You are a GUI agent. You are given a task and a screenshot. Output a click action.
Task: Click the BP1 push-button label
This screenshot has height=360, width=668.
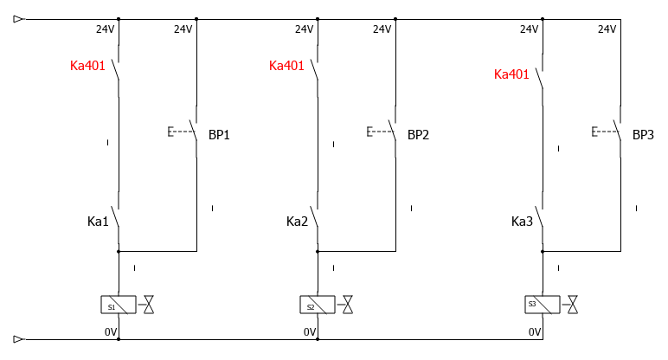tap(219, 135)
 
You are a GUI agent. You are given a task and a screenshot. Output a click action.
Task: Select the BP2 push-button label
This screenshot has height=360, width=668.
tap(418, 135)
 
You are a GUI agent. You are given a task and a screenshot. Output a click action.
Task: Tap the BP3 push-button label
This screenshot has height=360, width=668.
tap(643, 135)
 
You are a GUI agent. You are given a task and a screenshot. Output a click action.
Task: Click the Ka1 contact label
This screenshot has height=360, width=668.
tap(98, 222)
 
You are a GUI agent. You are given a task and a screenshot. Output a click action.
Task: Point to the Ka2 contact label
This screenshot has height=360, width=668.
tap(297, 222)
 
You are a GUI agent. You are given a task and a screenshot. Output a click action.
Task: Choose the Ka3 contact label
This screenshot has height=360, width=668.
tap(522, 222)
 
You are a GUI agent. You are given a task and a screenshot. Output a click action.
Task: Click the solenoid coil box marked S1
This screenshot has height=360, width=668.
tap(119, 305)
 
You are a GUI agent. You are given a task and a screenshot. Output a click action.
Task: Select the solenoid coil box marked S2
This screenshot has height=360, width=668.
tap(318, 305)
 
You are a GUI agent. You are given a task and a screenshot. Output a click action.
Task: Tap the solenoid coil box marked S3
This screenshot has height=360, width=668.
tap(543, 305)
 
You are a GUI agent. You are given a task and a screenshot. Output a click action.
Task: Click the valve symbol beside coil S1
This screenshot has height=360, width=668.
tap(149, 305)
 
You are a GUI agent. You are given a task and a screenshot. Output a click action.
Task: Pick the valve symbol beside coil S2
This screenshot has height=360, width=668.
tap(348, 305)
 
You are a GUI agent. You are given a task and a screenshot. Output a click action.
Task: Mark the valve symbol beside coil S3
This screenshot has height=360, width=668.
tap(573, 305)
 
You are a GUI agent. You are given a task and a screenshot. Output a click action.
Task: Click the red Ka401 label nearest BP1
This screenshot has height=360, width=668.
tap(87, 66)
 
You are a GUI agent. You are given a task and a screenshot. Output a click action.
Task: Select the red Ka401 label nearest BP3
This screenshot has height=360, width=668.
tap(511, 74)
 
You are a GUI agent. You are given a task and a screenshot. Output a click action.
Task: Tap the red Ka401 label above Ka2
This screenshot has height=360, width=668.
tap(286, 66)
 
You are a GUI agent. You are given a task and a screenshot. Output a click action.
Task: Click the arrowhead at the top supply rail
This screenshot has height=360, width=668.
tap(19, 18)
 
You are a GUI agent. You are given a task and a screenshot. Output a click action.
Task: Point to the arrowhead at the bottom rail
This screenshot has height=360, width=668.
tap(19, 339)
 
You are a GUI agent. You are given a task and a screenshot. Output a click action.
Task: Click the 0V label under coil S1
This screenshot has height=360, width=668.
tap(111, 331)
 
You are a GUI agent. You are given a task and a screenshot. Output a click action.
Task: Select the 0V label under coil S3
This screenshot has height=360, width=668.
tap(535, 331)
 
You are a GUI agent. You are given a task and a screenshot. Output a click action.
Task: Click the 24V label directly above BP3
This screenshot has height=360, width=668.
tap(607, 29)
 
